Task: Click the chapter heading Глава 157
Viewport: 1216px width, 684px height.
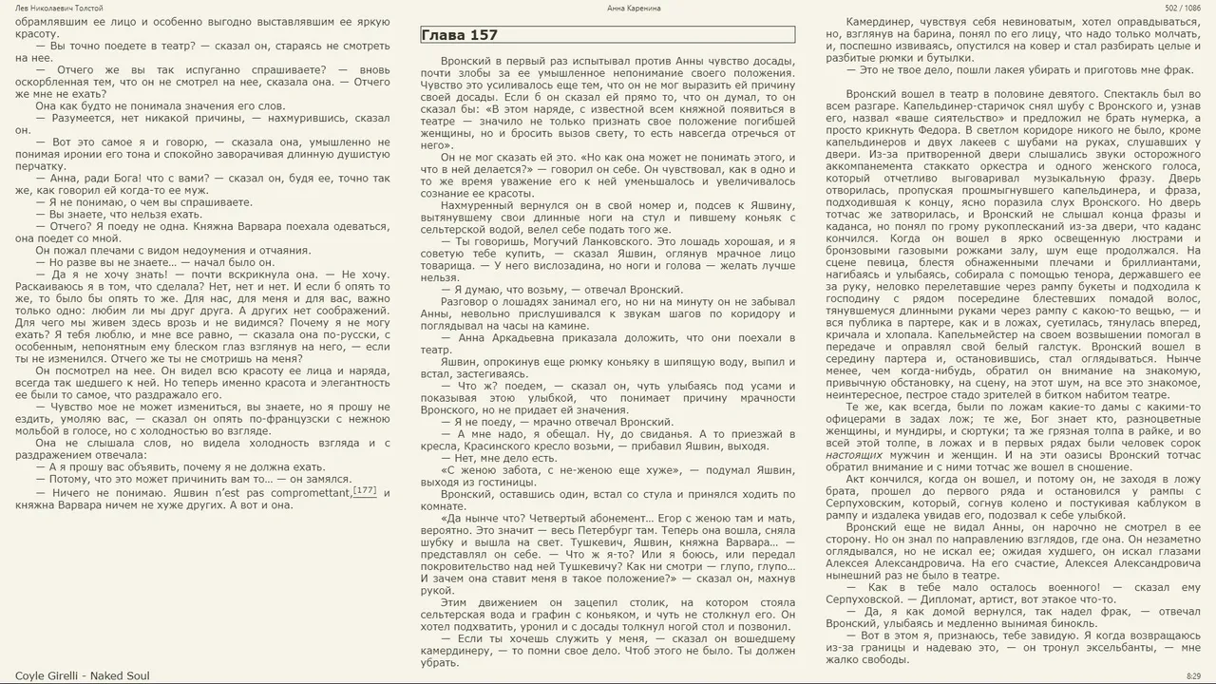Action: point(459,35)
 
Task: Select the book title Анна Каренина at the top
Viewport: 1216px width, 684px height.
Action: point(634,8)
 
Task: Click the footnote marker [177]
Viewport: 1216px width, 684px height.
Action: point(365,491)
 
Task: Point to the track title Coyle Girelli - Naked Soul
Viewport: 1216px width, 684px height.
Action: point(83,675)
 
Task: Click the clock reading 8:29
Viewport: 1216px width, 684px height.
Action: point(1193,675)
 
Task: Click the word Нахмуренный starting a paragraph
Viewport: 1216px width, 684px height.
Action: point(481,204)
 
